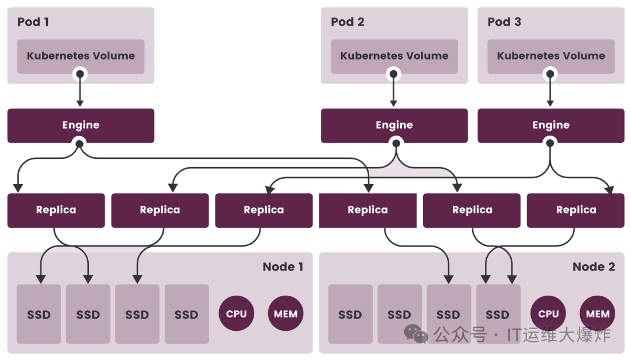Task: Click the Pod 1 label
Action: [33, 22]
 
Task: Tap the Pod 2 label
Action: [347, 22]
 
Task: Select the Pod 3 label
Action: [504, 22]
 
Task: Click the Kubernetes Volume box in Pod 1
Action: [81, 56]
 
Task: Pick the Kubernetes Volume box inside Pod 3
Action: [550, 56]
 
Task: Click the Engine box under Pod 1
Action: [81, 125]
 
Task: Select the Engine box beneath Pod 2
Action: [394, 125]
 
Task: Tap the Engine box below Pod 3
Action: [550, 125]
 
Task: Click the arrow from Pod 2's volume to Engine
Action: [394, 91]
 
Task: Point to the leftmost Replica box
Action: [56, 210]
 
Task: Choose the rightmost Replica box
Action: [575, 210]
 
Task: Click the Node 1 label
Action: [283, 267]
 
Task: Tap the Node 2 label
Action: [594, 267]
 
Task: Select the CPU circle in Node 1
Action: [236, 314]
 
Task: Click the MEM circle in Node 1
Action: [286, 314]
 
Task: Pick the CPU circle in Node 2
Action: [548, 314]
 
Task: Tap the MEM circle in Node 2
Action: [598, 314]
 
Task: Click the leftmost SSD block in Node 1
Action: [39, 314]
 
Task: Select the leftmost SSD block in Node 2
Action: [350, 314]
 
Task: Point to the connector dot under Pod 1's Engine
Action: [80, 143]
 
